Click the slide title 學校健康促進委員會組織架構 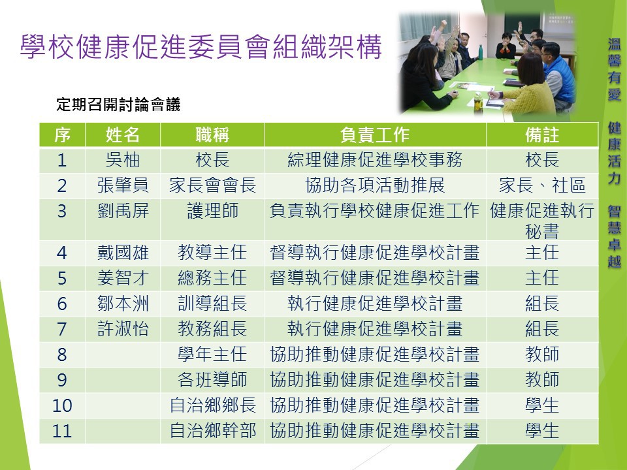pos(201,47)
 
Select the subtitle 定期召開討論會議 pos(118,104)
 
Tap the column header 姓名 pos(122,134)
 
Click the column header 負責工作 pos(375,134)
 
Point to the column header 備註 pos(542,134)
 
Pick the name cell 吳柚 pos(122,161)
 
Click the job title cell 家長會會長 pos(212,185)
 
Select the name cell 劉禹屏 pos(123,211)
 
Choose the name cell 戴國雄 pos(123,253)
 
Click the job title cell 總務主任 pos(212,278)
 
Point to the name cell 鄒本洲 pos(123,304)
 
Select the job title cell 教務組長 pos(212,329)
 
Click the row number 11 pos(62,431)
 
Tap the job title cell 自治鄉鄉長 pos(212,405)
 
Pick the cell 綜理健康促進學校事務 pos(375,161)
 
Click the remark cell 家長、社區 pos(542,185)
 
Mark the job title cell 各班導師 pos(212,380)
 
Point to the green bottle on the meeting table pos(480,52)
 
